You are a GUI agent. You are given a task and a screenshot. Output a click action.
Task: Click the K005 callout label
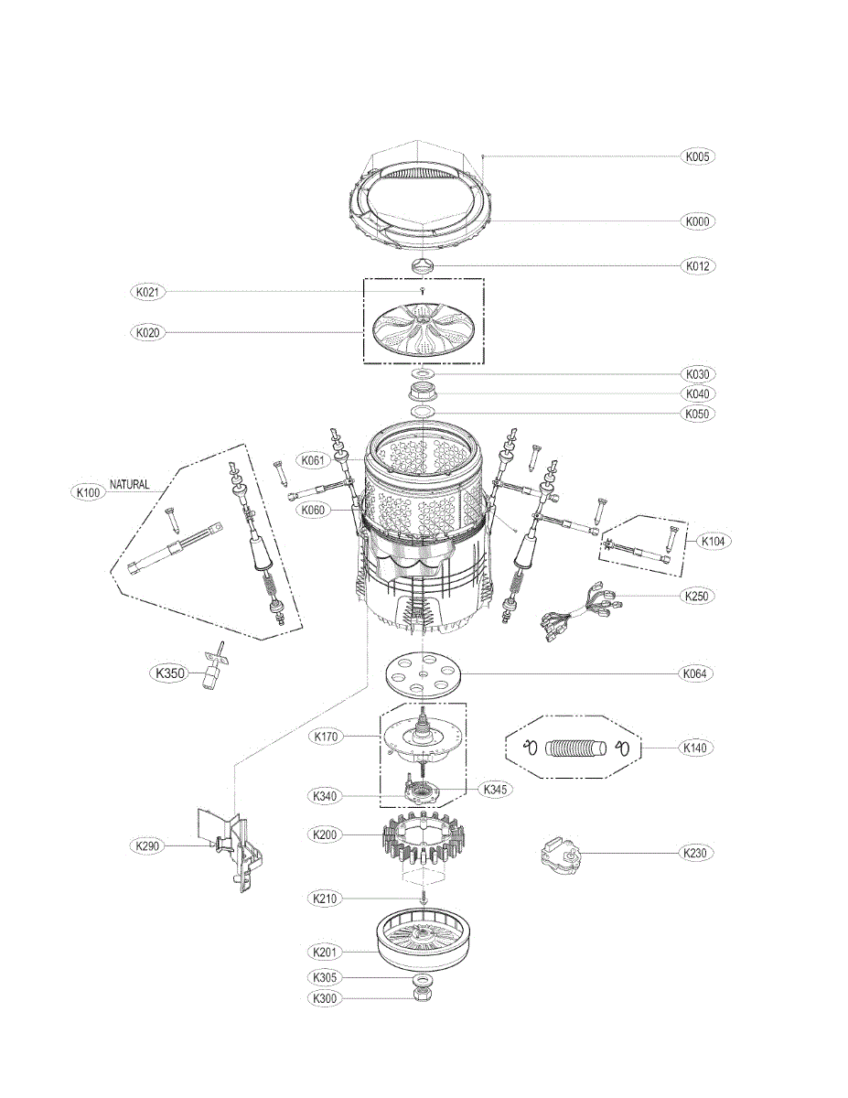point(698,156)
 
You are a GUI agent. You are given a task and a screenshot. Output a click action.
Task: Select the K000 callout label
point(698,221)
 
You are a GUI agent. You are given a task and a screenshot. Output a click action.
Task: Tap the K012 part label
point(698,266)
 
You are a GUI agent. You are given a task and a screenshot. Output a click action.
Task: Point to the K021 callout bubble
point(147,293)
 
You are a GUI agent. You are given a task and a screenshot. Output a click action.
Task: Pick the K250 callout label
point(698,596)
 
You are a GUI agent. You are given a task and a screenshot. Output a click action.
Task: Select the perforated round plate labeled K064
point(424,675)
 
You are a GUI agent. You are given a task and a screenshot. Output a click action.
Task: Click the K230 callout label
point(698,853)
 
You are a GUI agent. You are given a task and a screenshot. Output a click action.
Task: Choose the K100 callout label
point(89,492)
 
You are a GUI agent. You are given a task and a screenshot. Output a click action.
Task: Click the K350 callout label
point(169,674)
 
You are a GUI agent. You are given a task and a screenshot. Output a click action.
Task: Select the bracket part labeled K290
point(231,846)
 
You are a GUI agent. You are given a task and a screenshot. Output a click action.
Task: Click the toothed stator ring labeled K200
point(423,836)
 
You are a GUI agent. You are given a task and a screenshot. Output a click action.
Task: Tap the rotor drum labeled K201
point(424,944)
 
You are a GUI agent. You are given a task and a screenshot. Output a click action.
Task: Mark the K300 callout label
point(325,998)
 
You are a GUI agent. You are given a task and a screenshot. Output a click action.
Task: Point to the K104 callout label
point(714,542)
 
